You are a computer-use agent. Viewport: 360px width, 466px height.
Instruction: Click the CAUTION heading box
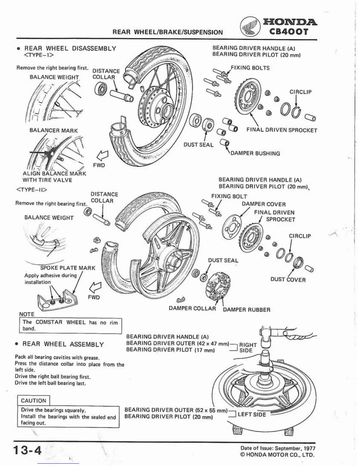coord(34,401)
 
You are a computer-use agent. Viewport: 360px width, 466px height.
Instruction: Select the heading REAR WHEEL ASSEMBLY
coord(63,344)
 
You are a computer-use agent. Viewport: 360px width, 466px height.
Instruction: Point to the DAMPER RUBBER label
coord(246,310)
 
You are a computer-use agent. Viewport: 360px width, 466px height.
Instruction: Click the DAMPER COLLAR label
coord(192,308)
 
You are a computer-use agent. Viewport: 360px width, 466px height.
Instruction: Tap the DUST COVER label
coord(288,279)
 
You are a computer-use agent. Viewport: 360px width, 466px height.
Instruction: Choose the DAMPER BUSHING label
coord(255,153)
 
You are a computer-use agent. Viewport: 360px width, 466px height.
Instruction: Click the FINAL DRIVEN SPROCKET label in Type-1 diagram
coord(282,130)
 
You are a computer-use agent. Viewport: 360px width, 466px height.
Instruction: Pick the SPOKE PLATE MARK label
coord(68,268)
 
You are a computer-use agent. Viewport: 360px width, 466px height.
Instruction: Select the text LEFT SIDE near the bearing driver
coord(252,415)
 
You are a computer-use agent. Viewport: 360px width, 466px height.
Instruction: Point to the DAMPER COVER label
coord(264,204)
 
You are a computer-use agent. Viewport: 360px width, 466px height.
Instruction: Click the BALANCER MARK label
coord(54,130)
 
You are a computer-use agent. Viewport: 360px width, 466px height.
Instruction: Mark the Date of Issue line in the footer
coord(278,448)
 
